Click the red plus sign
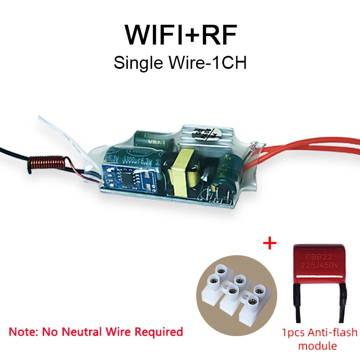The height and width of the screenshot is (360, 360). [x=269, y=243]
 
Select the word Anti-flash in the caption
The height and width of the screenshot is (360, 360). [x=331, y=333]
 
